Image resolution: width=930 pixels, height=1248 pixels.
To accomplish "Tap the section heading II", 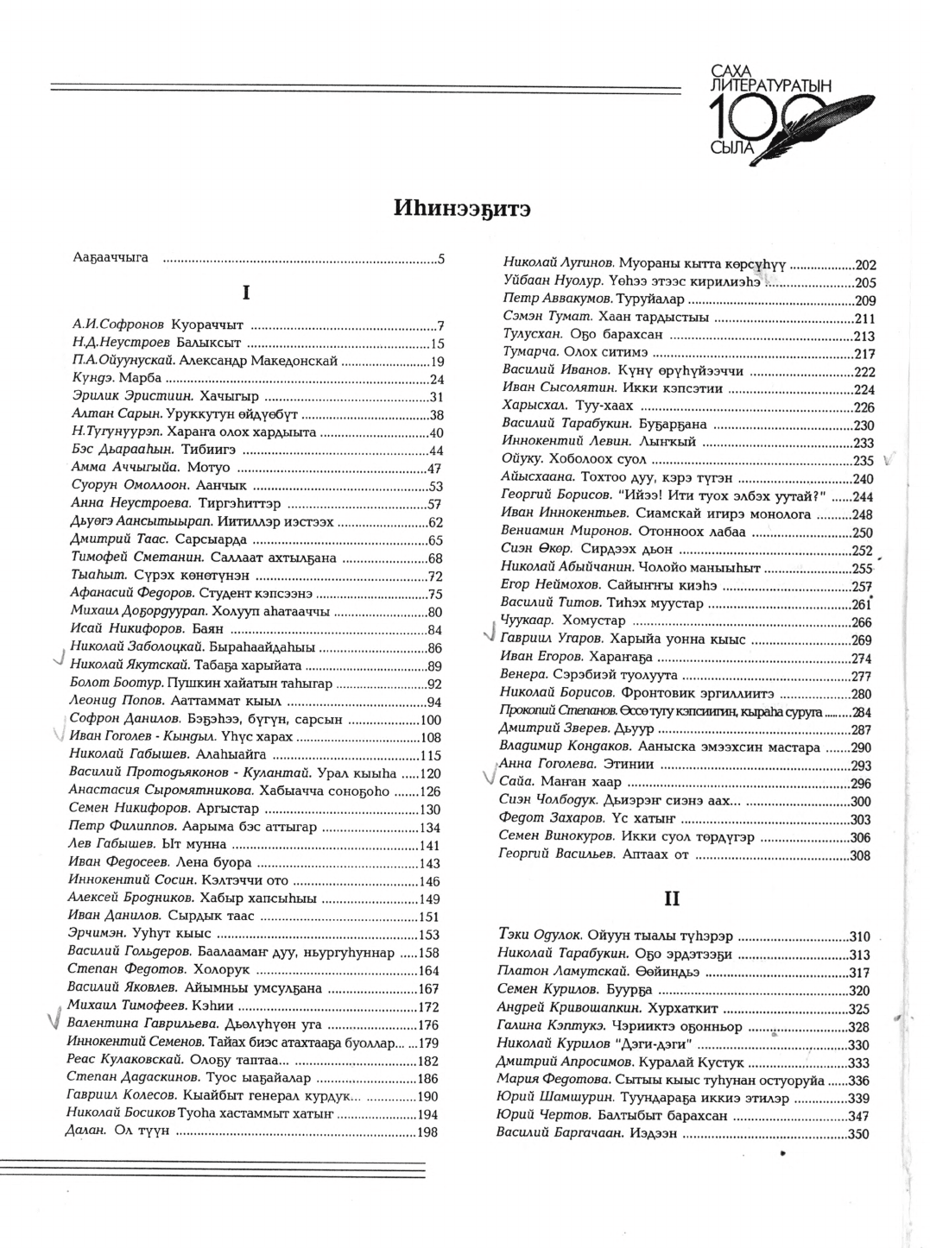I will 672,898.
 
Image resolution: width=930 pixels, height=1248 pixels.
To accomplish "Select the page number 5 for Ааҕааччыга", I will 440,257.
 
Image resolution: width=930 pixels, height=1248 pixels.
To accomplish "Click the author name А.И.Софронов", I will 117,325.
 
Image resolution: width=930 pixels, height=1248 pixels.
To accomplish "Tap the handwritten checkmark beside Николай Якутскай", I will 58,660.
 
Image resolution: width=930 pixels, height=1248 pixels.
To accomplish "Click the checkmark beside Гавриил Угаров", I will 489,634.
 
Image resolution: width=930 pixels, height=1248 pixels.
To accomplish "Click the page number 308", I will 860,855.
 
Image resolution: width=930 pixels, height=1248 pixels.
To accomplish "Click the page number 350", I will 857,1134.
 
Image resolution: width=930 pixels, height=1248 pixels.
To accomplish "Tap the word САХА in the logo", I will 725,67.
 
